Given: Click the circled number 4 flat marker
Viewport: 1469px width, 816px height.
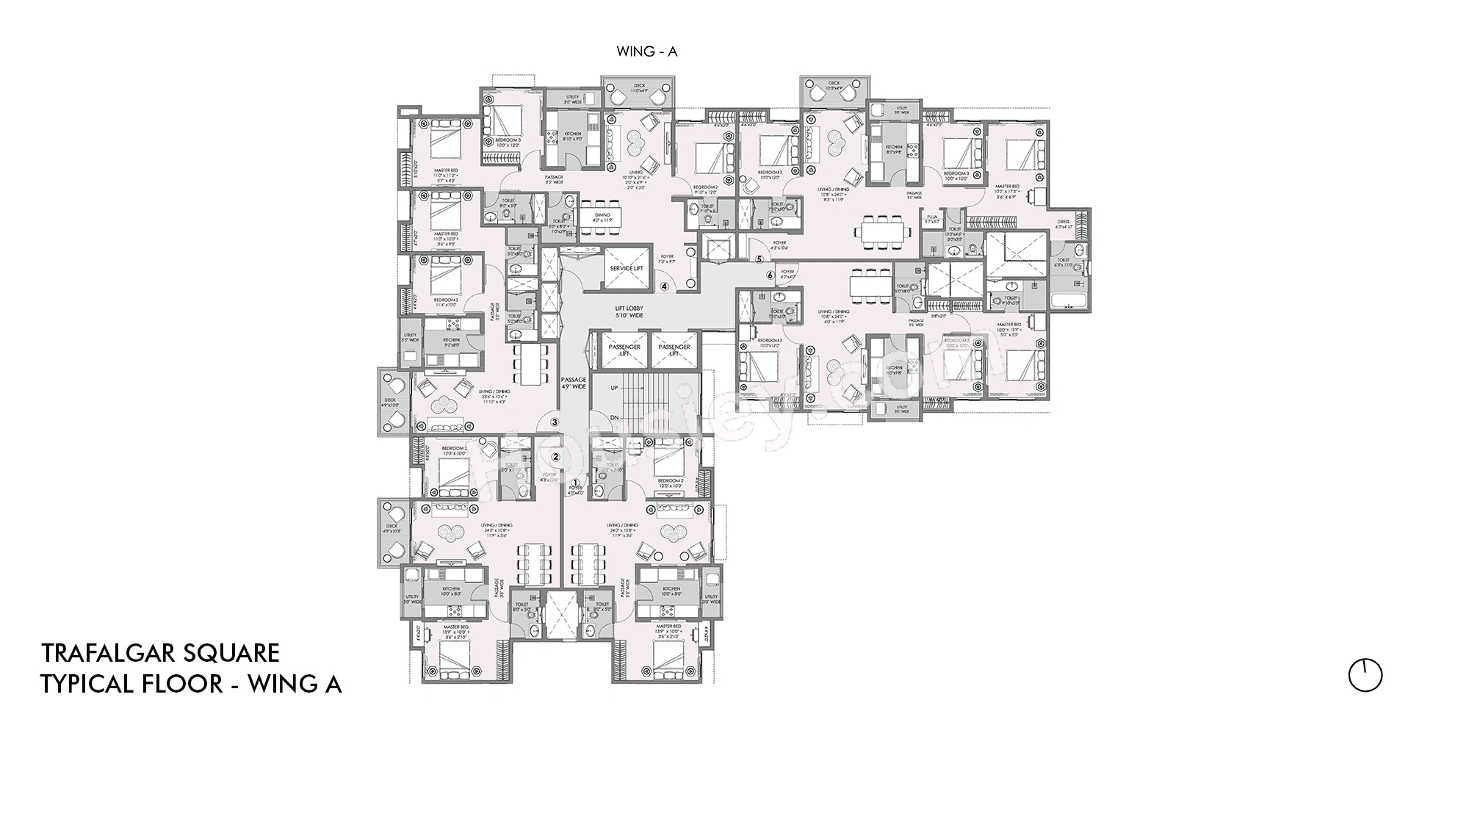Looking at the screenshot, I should tap(664, 287).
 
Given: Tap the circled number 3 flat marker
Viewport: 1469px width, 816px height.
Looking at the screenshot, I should tap(555, 422).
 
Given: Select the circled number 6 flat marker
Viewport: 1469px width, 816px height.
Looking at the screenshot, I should tap(770, 275).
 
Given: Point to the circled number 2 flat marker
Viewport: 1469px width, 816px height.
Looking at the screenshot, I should tap(556, 456).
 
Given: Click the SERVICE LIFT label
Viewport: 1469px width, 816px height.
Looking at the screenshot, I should tap(626, 269).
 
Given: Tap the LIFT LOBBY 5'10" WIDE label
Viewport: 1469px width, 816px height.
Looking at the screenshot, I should tap(629, 311).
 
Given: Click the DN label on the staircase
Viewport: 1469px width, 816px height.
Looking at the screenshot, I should tap(615, 418).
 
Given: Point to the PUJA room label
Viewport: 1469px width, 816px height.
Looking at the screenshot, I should tap(932, 218).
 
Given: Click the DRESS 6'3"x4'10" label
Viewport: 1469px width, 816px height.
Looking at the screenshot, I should tap(1064, 224).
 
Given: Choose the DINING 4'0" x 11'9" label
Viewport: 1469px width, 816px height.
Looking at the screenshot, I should tap(603, 217).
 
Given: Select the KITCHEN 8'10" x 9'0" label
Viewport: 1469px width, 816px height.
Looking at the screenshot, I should tap(573, 136).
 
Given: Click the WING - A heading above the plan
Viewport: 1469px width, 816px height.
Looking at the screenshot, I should tap(646, 51).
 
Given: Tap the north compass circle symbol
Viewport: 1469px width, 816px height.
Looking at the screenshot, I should tap(1365, 675).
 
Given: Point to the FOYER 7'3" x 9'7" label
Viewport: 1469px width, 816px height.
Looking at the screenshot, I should tap(667, 259).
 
